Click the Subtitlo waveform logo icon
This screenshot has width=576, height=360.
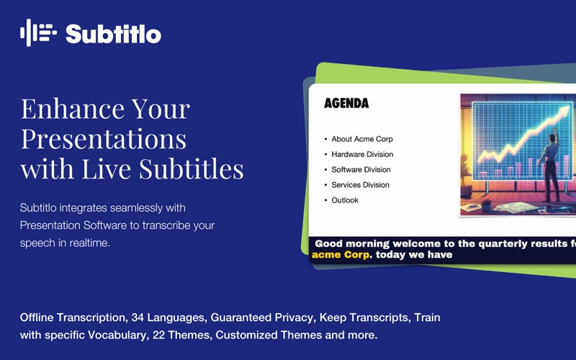39,32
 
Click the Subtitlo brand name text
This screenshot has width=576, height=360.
113,34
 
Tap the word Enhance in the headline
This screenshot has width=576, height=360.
73,109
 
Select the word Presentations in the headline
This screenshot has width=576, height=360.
104,138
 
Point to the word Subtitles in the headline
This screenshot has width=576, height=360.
192,168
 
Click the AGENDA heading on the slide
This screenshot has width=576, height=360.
346,103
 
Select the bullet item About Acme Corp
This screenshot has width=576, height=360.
362,139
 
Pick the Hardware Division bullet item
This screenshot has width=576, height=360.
362,154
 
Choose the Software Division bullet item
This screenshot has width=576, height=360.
361,169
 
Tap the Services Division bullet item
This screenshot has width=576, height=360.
360,185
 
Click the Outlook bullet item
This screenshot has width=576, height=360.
345,200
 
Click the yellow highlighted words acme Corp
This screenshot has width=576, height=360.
341,255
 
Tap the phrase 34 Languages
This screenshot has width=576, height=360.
168,318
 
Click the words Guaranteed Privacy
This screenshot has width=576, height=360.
261,318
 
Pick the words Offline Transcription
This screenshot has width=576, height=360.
73,318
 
